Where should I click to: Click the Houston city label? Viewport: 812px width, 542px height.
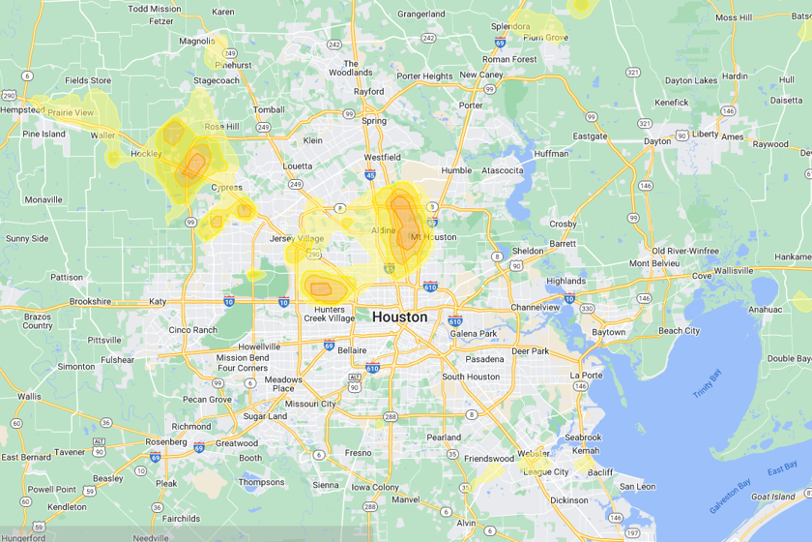[399, 316]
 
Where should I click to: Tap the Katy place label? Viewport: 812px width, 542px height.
[158, 301]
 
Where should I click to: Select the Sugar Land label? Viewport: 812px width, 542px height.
[264, 416]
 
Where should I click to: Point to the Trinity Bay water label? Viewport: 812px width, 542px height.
[710, 385]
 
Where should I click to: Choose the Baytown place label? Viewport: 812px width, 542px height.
[609, 332]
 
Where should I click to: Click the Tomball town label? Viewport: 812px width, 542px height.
[269, 109]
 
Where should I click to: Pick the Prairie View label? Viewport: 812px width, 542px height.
[71, 112]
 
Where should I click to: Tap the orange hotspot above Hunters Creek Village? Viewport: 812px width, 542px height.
[320, 285]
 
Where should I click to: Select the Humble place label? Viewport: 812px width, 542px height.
[455, 170]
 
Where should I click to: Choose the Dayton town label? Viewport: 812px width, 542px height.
[657, 140]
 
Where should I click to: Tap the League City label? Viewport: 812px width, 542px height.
[546, 471]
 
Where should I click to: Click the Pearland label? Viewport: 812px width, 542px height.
[444, 437]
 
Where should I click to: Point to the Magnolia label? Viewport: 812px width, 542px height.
[197, 41]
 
